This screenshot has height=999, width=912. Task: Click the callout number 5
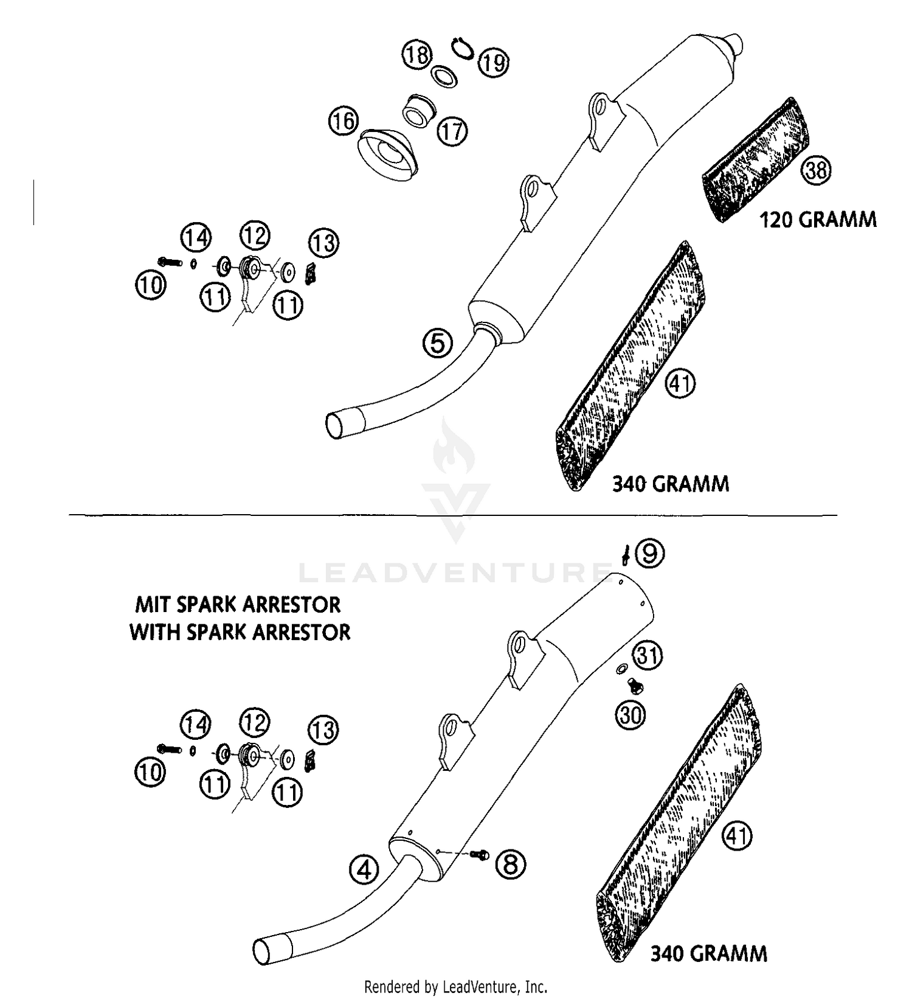pyautogui.click(x=438, y=343)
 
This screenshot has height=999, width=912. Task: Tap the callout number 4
pyautogui.click(x=364, y=870)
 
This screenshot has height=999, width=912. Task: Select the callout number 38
pyautogui.click(x=816, y=170)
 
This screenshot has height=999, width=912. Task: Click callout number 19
pyautogui.click(x=493, y=62)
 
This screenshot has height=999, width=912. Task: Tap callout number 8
pyautogui.click(x=510, y=863)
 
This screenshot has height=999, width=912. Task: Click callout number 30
pyautogui.click(x=630, y=714)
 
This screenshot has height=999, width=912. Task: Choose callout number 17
pyautogui.click(x=452, y=131)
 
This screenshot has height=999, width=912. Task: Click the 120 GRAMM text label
pyautogui.click(x=818, y=220)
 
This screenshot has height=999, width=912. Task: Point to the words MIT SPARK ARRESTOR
pyautogui.click(x=238, y=605)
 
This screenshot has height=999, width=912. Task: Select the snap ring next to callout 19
pyautogui.click(x=463, y=48)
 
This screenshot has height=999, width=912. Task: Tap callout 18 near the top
pyautogui.click(x=416, y=55)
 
